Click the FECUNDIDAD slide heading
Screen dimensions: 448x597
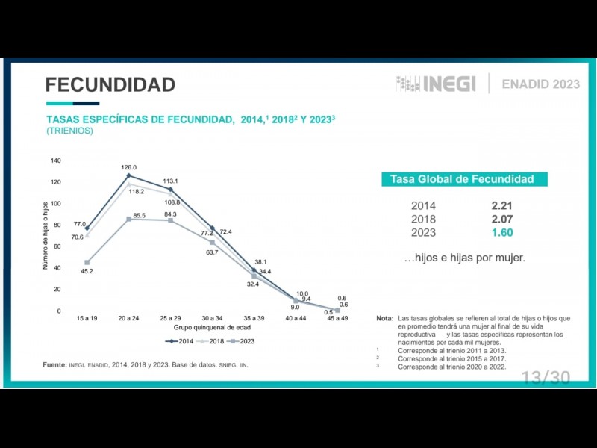[110, 84]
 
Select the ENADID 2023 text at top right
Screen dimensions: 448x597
[540, 84]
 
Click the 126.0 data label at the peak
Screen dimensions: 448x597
[129, 167]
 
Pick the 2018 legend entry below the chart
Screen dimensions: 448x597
[211, 340]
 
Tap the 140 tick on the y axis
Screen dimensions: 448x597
[56, 161]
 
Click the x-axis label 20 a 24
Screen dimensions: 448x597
[129, 319]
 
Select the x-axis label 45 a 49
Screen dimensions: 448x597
[337, 319]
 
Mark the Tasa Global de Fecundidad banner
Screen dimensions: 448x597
[462, 179]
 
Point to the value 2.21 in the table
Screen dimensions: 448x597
[501, 205]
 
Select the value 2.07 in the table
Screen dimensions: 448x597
[501, 219]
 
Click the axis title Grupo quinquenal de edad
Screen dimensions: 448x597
[212, 328]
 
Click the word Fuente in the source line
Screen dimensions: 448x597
[54, 364]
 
